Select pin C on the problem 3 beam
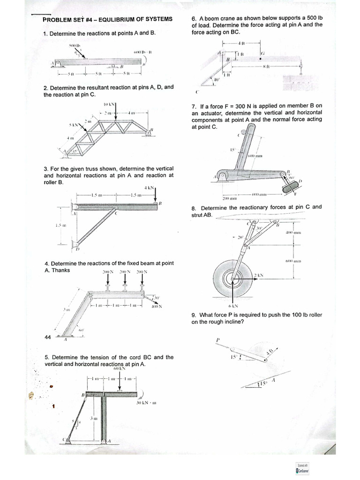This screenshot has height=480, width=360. point(117,212)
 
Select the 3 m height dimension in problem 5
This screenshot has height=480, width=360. point(94,418)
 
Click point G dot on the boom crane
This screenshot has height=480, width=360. point(260,60)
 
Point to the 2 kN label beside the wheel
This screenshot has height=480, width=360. point(259,276)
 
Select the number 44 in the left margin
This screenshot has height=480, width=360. point(47,337)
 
